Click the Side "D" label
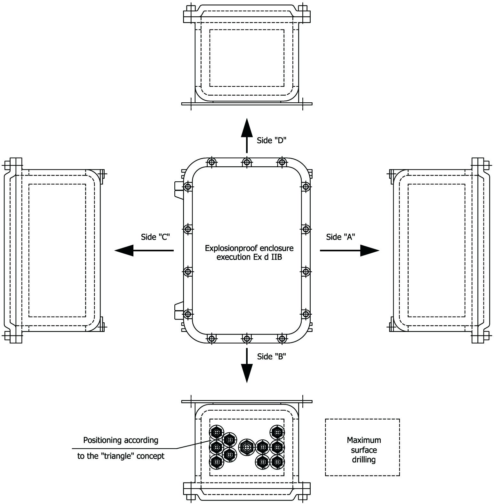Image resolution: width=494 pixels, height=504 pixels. click(271, 140)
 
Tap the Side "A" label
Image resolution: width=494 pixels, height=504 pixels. click(340, 237)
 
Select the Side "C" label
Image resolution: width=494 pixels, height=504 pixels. click(155, 237)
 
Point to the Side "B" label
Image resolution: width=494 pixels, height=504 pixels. click(271, 357)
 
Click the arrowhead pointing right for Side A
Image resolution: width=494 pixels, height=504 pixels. click(370, 250)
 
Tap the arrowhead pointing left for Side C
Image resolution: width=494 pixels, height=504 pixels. click(124, 250)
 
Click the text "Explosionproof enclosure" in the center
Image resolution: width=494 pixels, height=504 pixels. click(249, 248)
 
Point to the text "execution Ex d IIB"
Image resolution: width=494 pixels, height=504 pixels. click(249, 257)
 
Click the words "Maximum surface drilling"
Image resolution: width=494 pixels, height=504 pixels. click(364, 450)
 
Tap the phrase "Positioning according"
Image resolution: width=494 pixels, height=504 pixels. click(121, 440)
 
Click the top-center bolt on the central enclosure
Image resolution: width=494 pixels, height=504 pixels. click(246, 162)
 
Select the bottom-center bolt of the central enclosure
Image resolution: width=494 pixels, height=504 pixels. click(246, 338)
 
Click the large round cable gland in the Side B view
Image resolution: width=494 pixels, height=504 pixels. click(247, 447)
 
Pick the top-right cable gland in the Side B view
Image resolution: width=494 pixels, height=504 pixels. click(277, 432)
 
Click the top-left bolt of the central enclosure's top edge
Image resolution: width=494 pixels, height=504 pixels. click(211, 162)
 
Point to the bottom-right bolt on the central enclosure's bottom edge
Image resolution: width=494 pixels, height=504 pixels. click(282, 338)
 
